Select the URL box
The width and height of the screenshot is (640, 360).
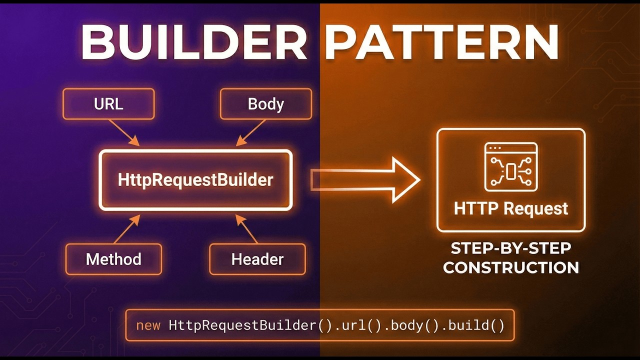click(108, 104)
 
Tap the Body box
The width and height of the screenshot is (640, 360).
click(265, 104)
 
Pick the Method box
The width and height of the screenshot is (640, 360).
click(113, 259)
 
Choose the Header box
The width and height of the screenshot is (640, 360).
click(257, 259)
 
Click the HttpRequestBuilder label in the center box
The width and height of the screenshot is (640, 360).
click(195, 180)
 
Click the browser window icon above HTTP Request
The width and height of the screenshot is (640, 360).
click(511, 167)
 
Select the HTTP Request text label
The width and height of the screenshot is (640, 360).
click(511, 208)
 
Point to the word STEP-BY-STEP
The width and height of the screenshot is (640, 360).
click(510, 248)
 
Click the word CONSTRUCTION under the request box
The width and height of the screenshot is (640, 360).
click(510, 267)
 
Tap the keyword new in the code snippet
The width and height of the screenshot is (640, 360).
click(148, 325)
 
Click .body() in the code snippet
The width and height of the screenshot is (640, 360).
click(411, 325)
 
